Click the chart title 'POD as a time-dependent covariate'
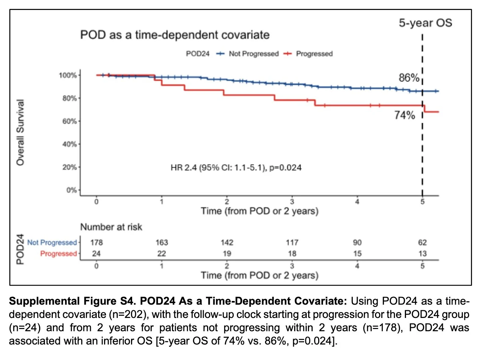point(175,35)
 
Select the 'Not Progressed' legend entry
point(253,54)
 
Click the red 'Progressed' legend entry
point(314,54)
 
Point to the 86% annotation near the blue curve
point(409,78)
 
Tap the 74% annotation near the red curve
point(405,115)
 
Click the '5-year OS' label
point(425,23)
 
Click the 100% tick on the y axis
point(68,75)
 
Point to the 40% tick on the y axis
point(69,144)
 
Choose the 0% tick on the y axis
point(71,190)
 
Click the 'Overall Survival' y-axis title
point(20,132)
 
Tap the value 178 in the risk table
point(96,243)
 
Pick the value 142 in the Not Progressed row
point(227,243)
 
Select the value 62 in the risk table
point(422,243)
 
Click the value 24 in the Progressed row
point(96,254)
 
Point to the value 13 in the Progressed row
point(422,254)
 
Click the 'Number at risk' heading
point(111,227)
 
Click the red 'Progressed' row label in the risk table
point(58,254)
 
